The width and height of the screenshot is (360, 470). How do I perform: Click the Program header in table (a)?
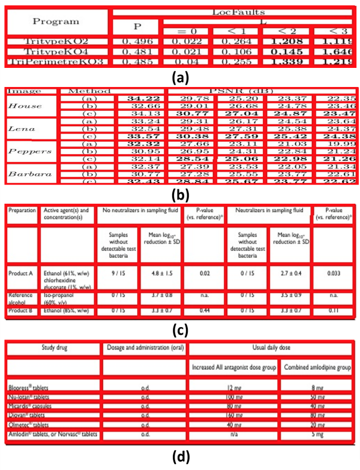pyautogui.click(x=55, y=21)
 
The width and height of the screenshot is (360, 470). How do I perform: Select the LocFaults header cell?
pyautogui.click(x=235, y=12)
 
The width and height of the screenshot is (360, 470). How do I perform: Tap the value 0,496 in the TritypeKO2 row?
pyautogui.click(x=137, y=42)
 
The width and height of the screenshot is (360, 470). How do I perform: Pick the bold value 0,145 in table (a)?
pyautogui.click(x=283, y=52)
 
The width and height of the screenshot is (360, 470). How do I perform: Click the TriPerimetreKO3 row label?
pyautogui.click(x=58, y=61)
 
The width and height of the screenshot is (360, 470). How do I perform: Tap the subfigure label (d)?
pyautogui.click(x=180, y=458)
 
